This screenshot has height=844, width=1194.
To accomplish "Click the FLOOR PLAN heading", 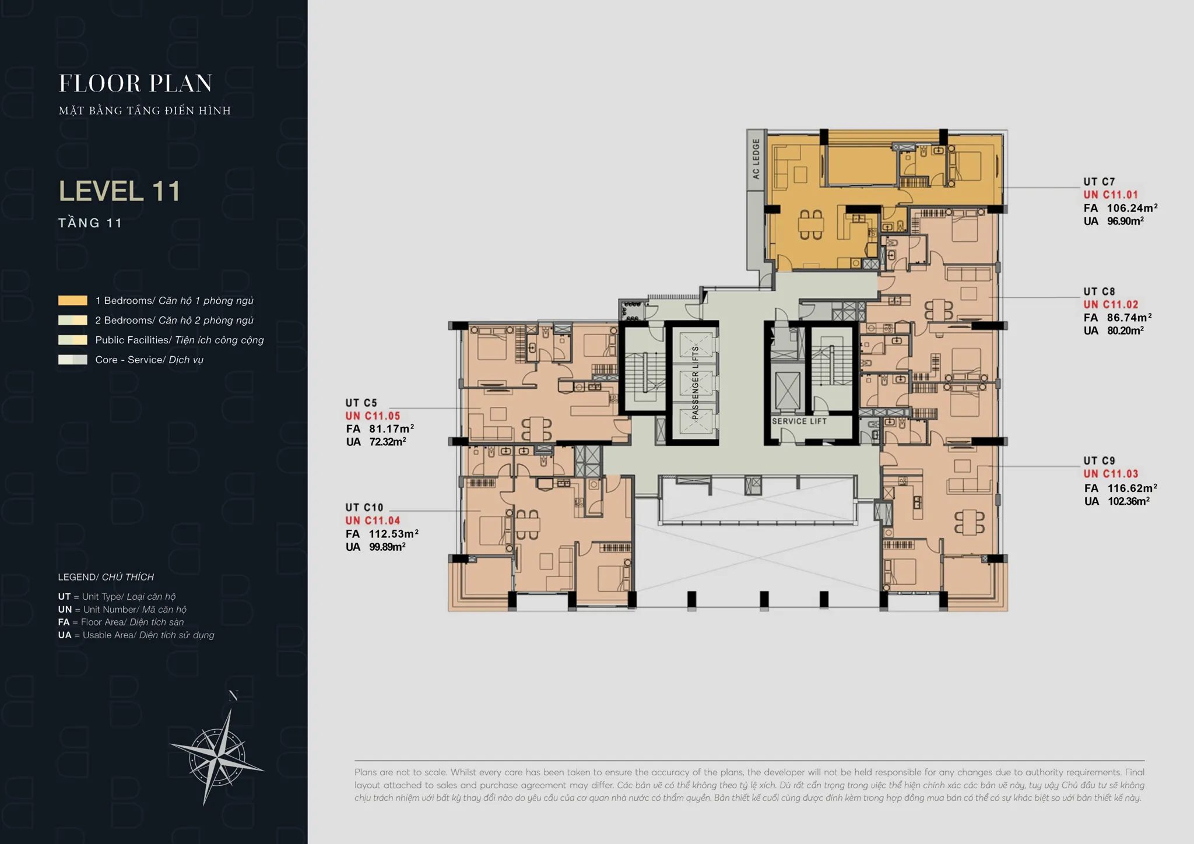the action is [135, 83].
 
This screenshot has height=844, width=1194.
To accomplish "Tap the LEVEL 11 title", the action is [120, 191].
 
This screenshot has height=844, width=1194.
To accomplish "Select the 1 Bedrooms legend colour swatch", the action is [73, 301].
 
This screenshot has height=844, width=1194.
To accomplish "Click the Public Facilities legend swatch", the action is [73, 340].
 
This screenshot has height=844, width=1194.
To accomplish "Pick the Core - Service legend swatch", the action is [73, 360].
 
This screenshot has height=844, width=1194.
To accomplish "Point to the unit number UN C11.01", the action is [1111, 195].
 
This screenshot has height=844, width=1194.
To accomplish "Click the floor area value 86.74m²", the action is [1129, 318].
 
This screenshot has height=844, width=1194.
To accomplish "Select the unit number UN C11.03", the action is [1111, 474].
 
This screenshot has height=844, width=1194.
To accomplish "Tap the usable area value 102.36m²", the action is [1129, 501].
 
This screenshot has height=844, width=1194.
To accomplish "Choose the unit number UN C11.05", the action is [373, 416].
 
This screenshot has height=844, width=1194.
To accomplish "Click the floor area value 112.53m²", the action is [394, 534].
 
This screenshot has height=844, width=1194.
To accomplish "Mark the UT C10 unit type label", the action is [364, 508].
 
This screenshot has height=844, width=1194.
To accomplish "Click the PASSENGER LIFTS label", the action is [695, 383].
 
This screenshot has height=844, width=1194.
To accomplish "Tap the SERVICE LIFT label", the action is [799, 421].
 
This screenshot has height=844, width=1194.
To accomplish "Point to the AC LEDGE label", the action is [756, 159].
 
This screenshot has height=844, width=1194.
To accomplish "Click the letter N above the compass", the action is [233, 696].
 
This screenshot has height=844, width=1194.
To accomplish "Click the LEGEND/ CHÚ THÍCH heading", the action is [106, 577].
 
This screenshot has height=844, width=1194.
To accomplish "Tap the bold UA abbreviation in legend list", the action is [64, 635].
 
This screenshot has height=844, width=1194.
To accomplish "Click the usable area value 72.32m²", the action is [388, 442].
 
